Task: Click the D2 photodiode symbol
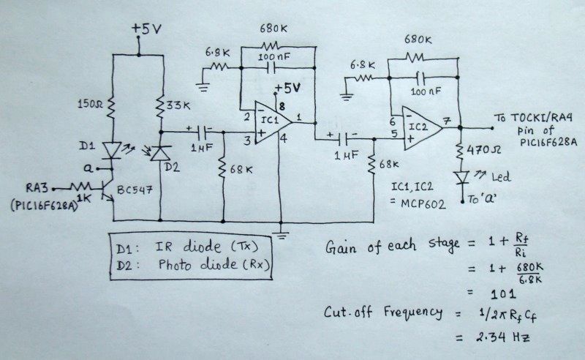tap(160, 151)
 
